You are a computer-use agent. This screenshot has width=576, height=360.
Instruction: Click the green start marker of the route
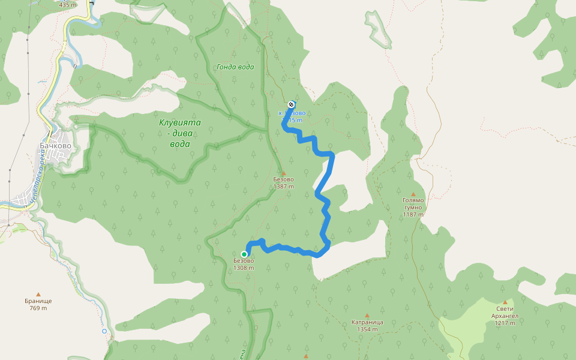click(x=244, y=254)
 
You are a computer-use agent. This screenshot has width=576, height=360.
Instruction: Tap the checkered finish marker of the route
click(x=292, y=104)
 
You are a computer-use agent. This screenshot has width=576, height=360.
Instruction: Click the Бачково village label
click(x=55, y=145)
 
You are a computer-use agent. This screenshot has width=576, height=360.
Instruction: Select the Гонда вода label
click(x=235, y=67)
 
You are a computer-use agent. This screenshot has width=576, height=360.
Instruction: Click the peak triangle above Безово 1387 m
click(x=284, y=173)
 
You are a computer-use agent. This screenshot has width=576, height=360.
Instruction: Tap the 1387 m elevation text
click(x=284, y=187)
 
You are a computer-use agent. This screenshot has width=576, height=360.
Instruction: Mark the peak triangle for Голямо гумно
click(x=413, y=194)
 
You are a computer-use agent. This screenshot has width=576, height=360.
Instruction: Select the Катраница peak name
click(x=367, y=322)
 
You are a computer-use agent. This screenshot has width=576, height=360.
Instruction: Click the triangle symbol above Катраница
click(x=367, y=315)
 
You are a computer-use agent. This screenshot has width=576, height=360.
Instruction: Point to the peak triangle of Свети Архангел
click(x=506, y=302)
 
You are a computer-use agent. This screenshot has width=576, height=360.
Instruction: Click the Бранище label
click(x=39, y=301)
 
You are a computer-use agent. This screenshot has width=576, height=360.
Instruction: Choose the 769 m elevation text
click(x=39, y=308)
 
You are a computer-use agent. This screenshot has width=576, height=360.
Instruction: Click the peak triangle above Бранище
click(x=39, y=294)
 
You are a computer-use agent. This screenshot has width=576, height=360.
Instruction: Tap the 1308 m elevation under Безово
click(x=244, y=268)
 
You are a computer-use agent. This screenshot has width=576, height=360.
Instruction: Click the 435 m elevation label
click(x=68, y=5)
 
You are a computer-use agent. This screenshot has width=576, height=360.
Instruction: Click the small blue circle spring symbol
click(x=104, y=331)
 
